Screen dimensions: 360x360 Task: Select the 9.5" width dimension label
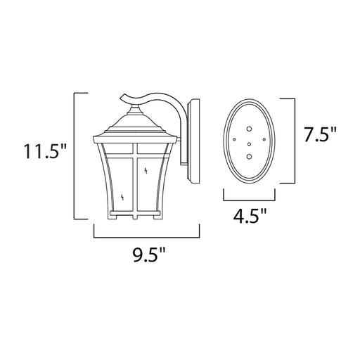(x=149, y=255)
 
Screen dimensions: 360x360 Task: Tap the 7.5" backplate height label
(x=320, y=134)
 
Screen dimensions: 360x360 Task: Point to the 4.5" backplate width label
(x=250, y=216)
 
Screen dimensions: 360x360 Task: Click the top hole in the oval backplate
(x=249, y=129)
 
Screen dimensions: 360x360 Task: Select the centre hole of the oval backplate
(x=250, y=144)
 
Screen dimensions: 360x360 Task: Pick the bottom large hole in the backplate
(x=250, y=156)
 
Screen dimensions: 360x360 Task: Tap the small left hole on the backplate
(x=234, y=139)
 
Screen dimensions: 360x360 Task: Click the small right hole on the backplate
(x=264, y=139)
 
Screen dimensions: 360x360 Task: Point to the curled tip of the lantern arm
(x=122, y=97)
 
